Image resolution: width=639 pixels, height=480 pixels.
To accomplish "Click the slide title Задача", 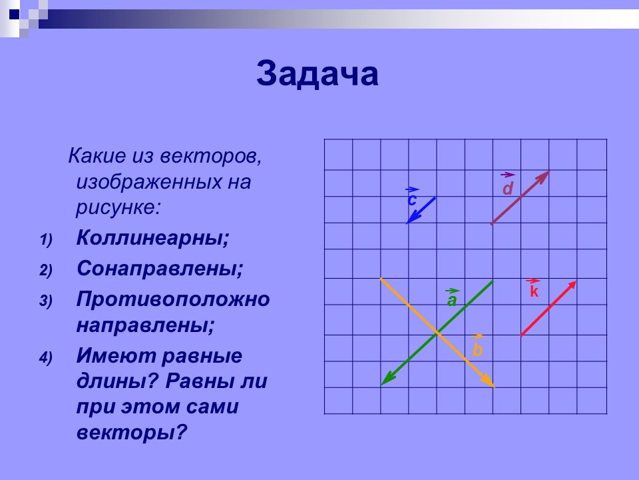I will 318,75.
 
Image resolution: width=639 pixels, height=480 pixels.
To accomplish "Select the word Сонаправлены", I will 159,269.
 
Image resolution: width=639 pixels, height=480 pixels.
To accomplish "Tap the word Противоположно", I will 173,299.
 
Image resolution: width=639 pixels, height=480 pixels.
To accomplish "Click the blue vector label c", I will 412,199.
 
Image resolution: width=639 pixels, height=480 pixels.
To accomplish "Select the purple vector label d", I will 508,189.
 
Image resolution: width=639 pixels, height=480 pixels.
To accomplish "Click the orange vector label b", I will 477,349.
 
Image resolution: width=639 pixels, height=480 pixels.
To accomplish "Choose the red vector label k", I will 533,291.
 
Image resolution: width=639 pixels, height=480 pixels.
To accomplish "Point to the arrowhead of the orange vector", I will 491,384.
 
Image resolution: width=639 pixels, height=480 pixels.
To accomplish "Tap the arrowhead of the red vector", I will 572,285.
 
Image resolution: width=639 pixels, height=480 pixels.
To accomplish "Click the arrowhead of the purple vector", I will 545,175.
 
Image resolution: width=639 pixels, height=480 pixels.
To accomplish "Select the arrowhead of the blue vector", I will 410,220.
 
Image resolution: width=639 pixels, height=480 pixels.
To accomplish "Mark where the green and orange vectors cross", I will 437,333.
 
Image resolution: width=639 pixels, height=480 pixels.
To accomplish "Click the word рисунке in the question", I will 118,206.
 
